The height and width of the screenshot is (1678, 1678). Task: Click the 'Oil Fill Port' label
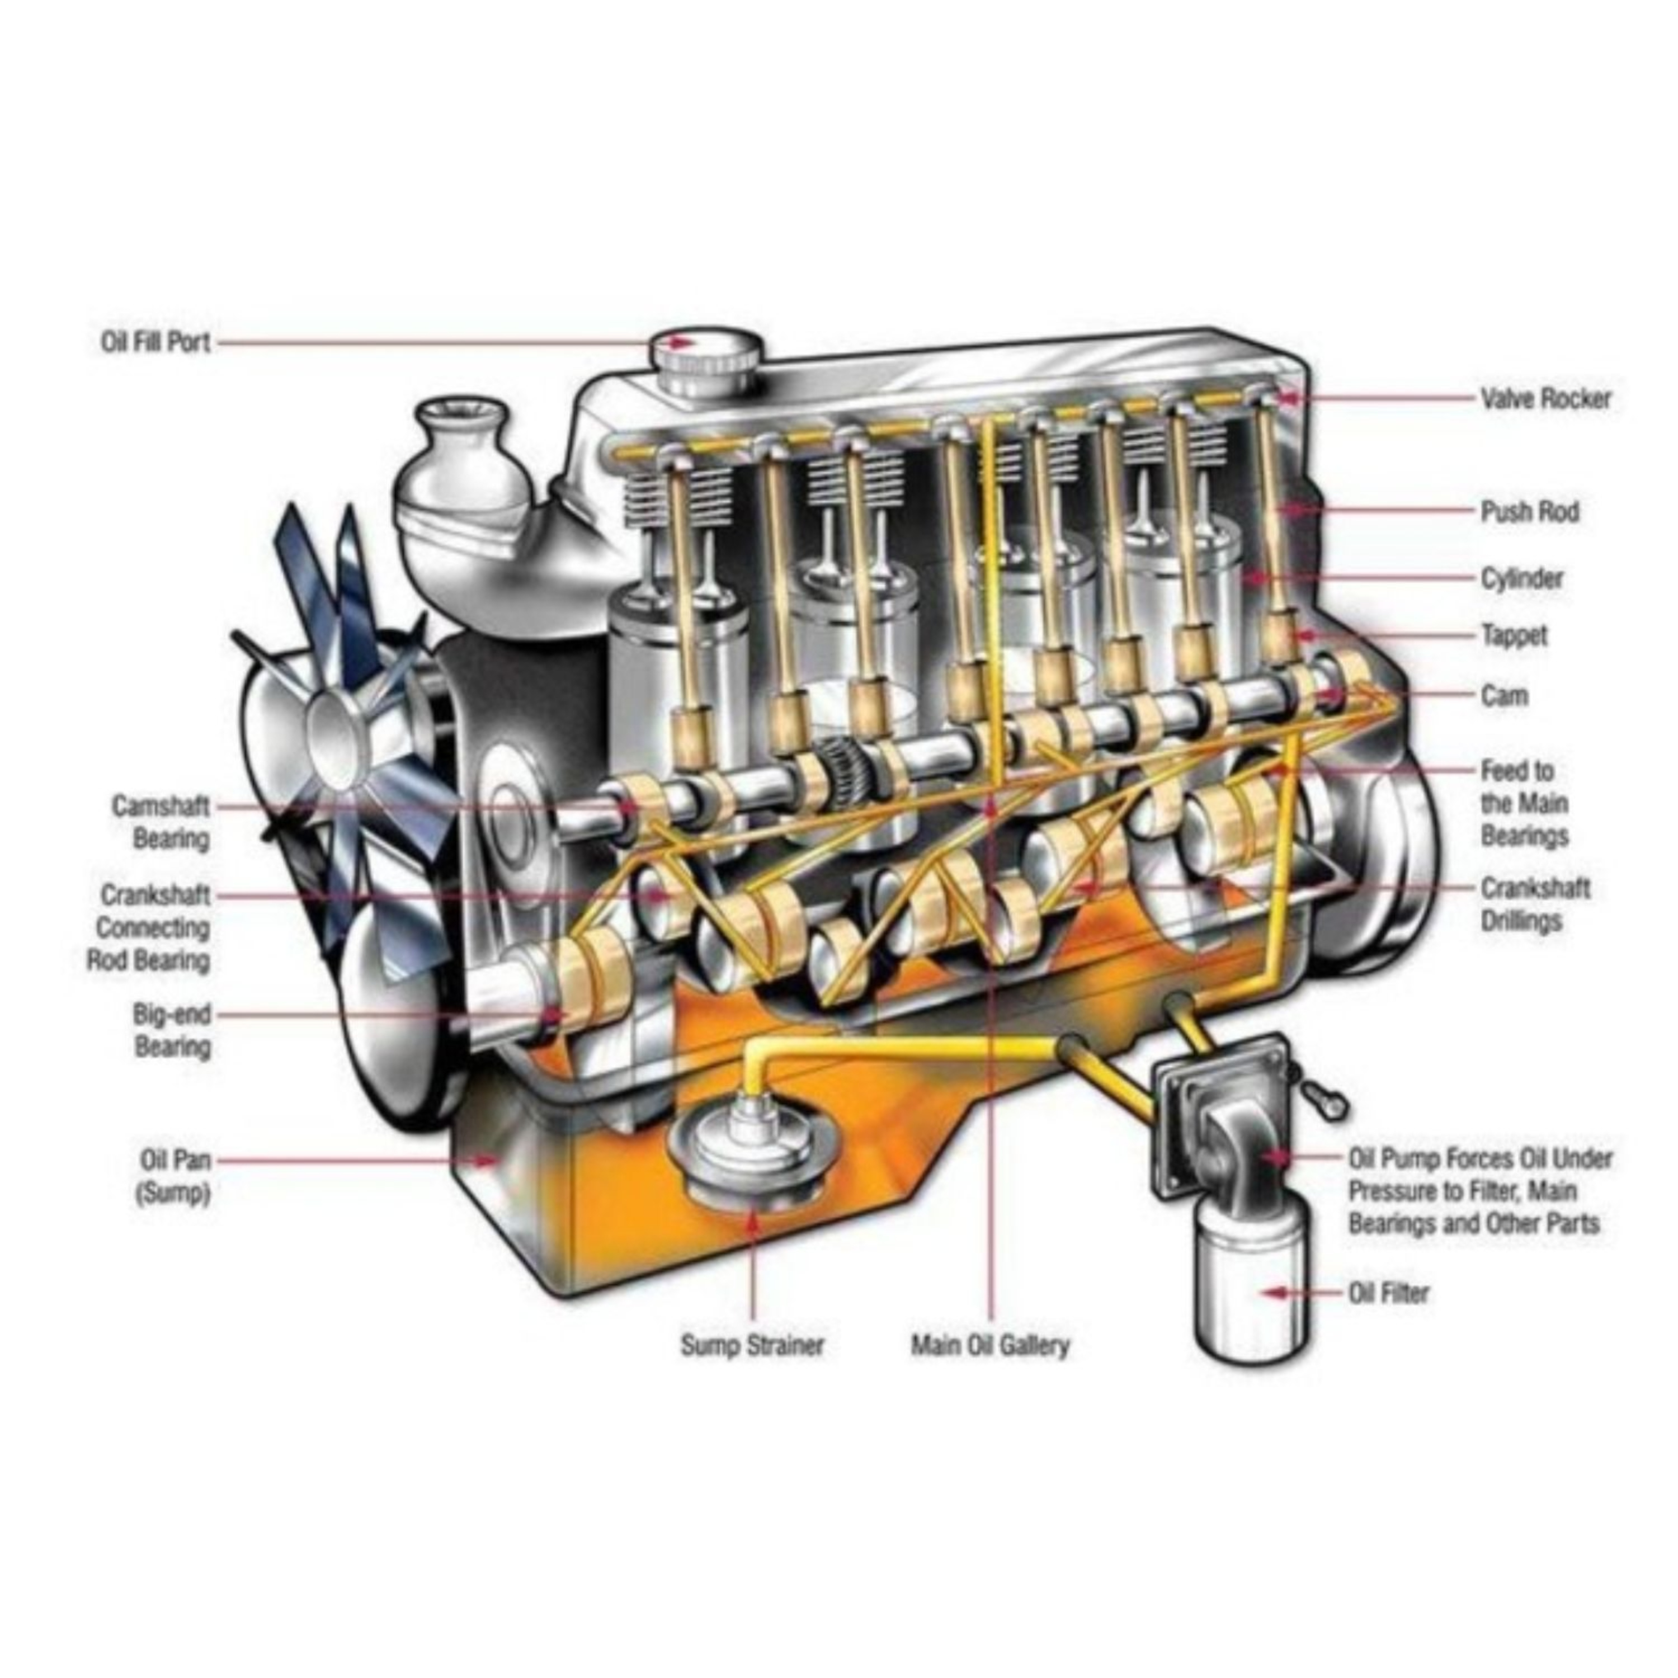155,342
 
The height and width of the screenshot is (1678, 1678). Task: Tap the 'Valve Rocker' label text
1545,399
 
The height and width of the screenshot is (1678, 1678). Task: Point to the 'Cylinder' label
1521,578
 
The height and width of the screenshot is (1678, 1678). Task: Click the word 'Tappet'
1515,636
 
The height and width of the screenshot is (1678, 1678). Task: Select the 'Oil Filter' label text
1388,1293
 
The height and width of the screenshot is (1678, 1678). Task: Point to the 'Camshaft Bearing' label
162,822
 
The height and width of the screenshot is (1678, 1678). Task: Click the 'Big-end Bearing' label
172,1030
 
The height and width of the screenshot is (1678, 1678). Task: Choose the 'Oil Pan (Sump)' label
174,1177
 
